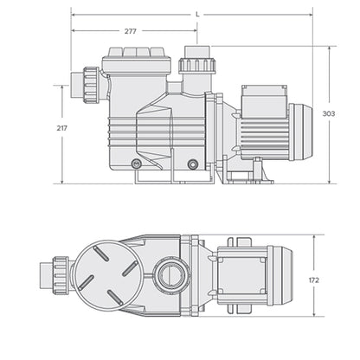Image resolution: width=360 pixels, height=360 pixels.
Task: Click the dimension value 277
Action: point(130,31)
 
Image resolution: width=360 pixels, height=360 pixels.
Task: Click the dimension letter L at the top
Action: point(198,14)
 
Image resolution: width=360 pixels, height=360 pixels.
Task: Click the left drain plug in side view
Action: point(136,164)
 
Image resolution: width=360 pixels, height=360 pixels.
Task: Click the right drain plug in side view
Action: point(192,164)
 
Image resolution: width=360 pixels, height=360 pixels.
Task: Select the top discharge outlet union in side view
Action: point(191,65)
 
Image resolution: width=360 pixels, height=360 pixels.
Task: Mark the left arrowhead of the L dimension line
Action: point(73,15)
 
